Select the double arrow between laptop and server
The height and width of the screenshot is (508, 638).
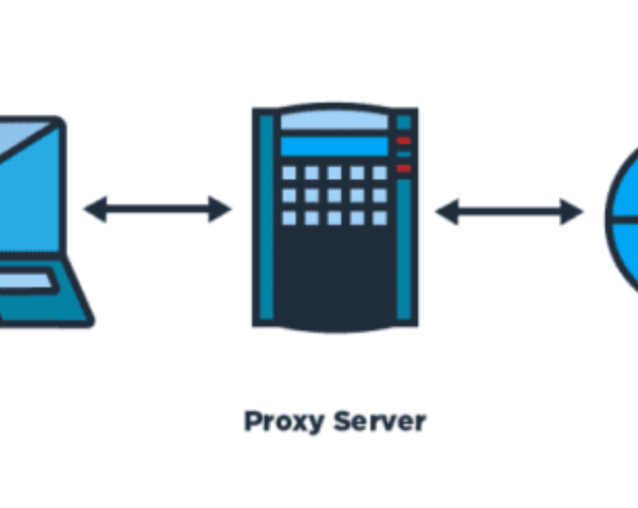point(157,209)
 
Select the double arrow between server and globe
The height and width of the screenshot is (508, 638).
point(509,212)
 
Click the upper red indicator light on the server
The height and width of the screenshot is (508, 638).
point(404,140)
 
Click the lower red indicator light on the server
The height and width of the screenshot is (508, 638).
point(404,169)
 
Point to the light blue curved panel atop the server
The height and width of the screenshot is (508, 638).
point(333,121)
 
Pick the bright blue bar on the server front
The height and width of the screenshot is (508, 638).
point(333,146)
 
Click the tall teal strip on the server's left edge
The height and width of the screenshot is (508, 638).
point(266,217)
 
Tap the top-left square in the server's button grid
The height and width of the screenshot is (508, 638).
point(289,173)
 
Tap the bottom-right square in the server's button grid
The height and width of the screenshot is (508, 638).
point(379,218)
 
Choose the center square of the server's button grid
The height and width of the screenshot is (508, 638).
point(334,195)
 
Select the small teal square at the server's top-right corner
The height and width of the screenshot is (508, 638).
point(404,122)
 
